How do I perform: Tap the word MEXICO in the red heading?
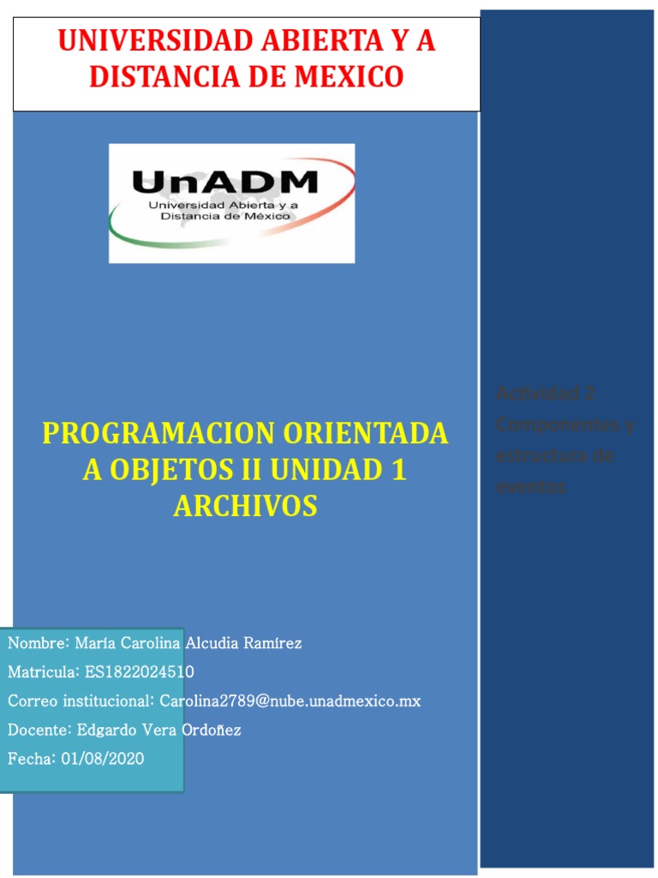[349, 76]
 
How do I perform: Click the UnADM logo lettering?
[224, 183]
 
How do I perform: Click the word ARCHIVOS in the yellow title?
[245, 506]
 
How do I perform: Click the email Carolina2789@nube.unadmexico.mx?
[290, 701]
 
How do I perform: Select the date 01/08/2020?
[102, 759]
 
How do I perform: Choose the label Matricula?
[42, 671]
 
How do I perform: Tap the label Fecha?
[32, 759]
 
